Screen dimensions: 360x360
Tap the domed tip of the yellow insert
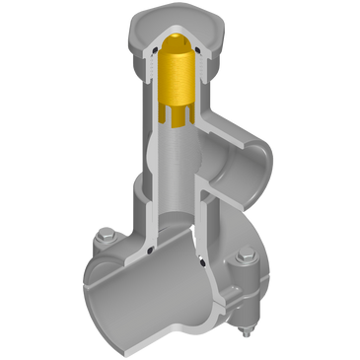179,40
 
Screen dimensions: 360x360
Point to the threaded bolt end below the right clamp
243,317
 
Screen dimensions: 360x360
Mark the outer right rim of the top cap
220,39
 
